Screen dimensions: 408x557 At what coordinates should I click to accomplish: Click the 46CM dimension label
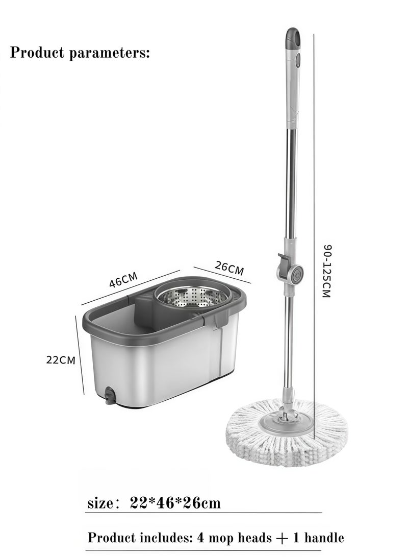coord(123,280)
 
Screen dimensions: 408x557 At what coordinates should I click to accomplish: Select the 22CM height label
coord(61,360)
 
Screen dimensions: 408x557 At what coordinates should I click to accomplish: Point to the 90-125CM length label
coord(327,271)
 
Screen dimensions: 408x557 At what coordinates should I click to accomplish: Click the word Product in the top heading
coord(37,53)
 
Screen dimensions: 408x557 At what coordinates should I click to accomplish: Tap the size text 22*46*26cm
coord(175,503)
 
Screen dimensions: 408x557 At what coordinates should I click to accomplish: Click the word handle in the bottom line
coord(324,538)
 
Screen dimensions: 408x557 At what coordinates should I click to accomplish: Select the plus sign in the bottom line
coord(282,539)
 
